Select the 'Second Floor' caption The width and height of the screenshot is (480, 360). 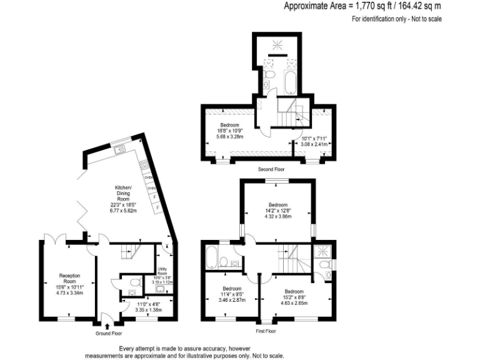[x=271, y=169]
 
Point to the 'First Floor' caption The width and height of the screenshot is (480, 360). [x=266, y=331]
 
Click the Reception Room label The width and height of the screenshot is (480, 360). [x=69, y=284]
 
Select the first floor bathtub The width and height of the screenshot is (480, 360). [x=212, y=256]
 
